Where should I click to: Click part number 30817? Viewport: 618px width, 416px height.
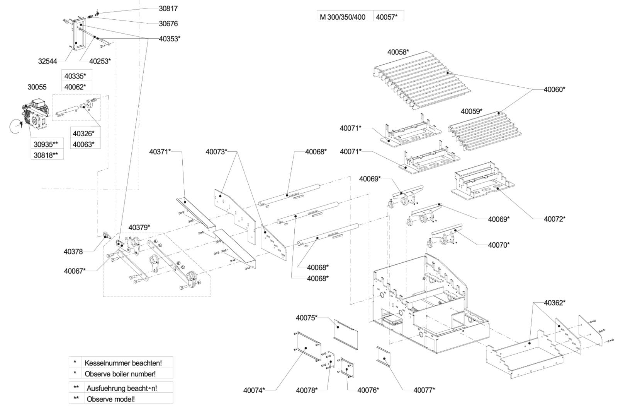pyautogui.click(x=168, y=9)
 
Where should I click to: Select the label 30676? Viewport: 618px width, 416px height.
pyautogui.click(x=168, y=24)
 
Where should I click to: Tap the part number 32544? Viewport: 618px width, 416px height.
pyautogui.click(x=48, y=61)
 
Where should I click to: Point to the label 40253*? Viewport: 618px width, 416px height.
pyautogui.click(x=100, y=61)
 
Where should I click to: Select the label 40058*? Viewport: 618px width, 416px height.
pyautogui.click(x=398, y=52)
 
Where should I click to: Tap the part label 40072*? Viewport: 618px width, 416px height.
pyautogui.click(x=554, y=219)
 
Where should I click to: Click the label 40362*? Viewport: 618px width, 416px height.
pyautogui.click(x=555, y=303)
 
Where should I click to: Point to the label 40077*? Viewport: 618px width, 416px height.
pyautogui.click(x=424, y=390)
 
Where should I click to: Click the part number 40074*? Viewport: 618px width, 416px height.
pyautogui.click(x=254, y=390)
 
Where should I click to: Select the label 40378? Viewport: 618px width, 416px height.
pyautogui.click(x=73, y=252)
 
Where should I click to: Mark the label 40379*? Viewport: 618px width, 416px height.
pyautogui.click(x=139, y=227)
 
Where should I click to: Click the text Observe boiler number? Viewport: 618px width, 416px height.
pyautogui.click(x=120, y=374)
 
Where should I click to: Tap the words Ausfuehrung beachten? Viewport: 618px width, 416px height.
pyautogui.click(x=122, y=389)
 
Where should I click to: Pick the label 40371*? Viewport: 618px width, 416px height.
pyautogui.click(x=160, y=151)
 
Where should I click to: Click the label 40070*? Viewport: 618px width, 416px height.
pyautogui.click(x=499, y=245)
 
